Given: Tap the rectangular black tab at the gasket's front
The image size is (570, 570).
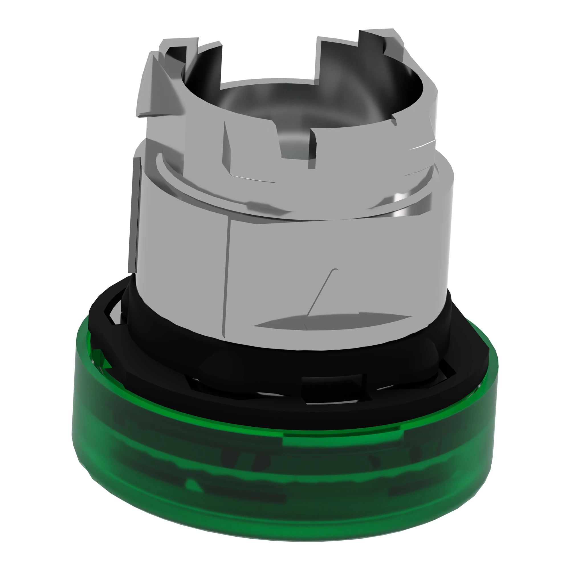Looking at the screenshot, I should [x=333, y=384].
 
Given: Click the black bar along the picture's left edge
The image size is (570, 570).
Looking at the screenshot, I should [x=23, y=285].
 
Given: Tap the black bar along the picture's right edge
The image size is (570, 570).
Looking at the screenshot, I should [x=547, y=285].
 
